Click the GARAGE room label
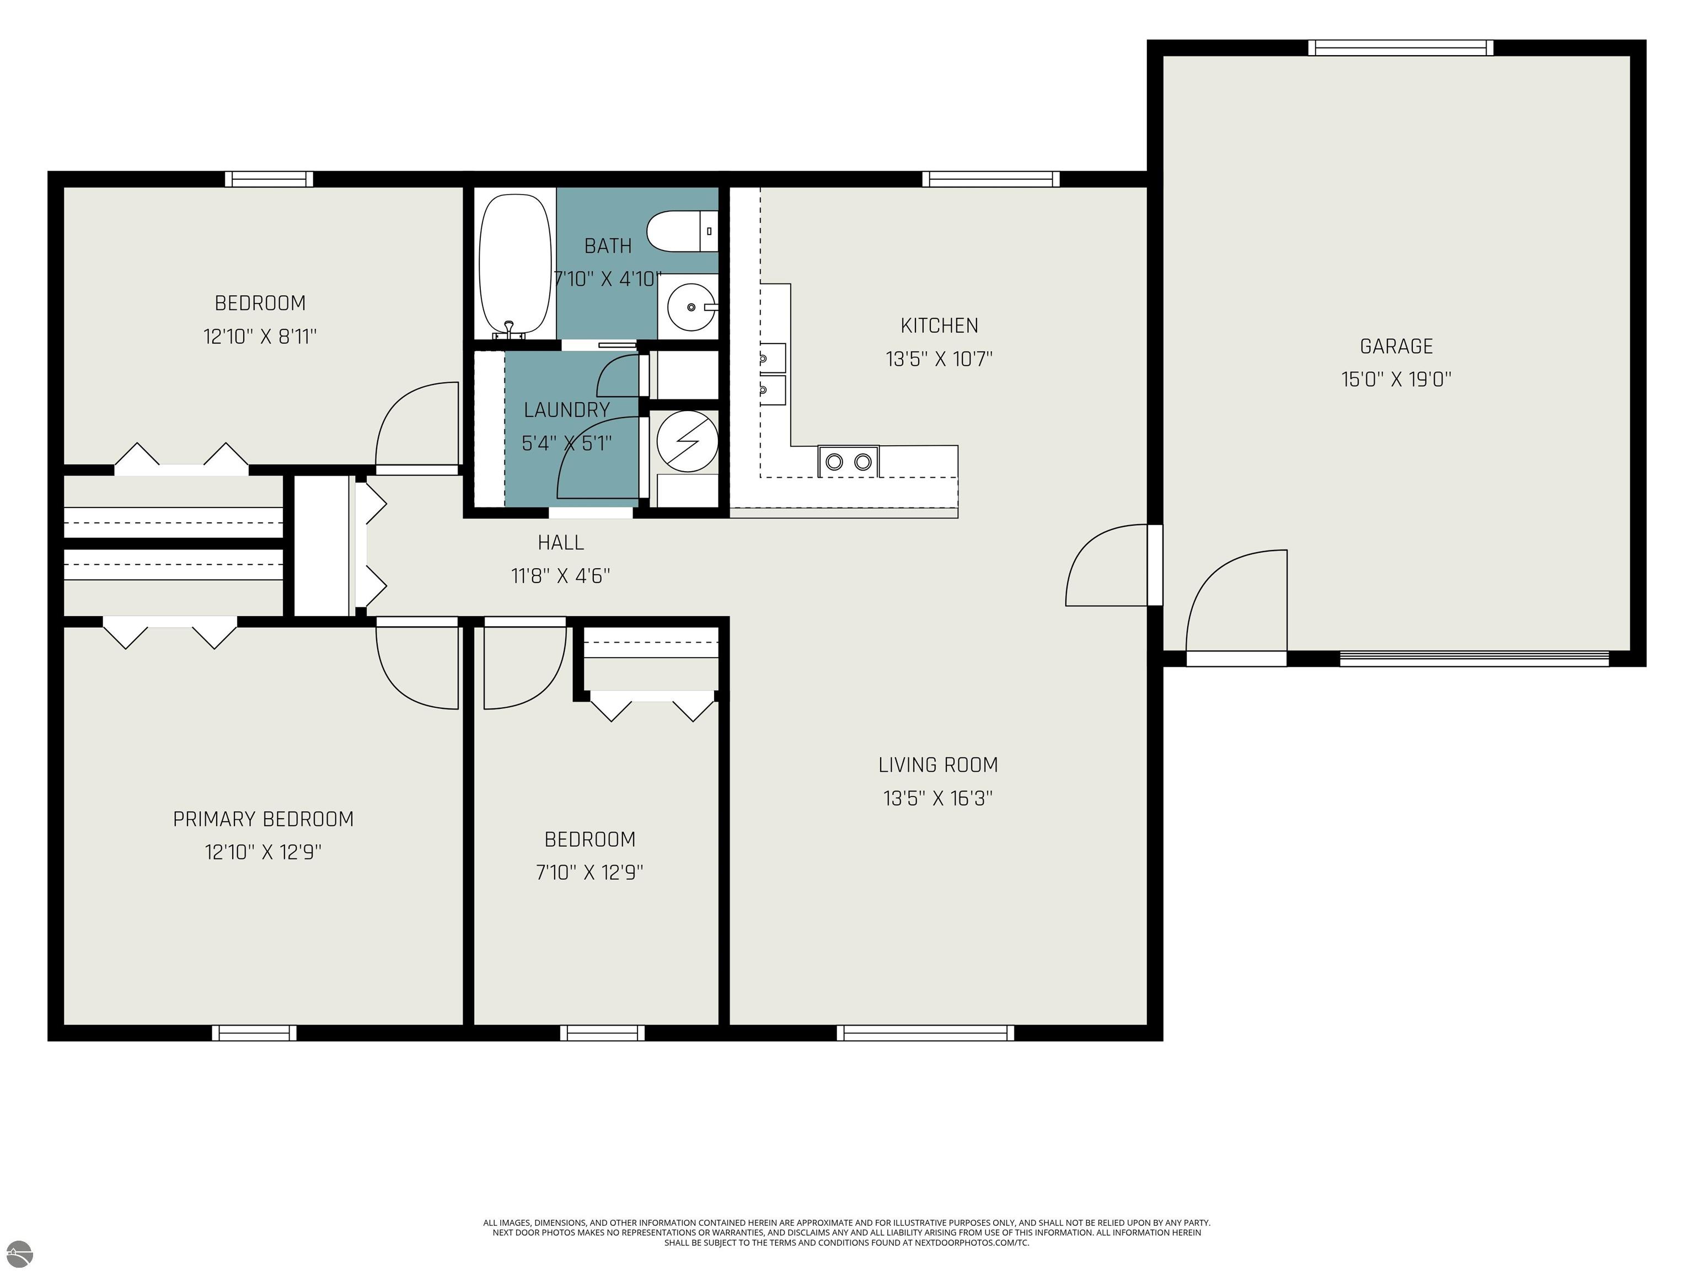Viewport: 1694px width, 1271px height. (1396, 346)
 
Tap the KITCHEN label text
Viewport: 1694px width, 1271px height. (939, 325)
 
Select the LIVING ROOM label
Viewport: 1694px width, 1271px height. (938, 765)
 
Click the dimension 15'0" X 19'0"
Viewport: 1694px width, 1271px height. (1396, 379)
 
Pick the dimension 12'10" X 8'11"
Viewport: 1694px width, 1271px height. (260, 337)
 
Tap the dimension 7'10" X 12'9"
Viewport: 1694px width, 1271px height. (589, 872)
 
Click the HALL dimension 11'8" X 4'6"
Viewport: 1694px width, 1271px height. (561, 575)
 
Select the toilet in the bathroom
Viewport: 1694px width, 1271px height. (682, 231)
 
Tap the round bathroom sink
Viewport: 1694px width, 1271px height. (691, 307)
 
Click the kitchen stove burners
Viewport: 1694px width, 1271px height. (849, 461)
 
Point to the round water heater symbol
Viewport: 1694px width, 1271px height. (688, 441)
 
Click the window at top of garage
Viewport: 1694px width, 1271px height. (1401, 47)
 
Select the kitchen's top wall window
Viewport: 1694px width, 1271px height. (991, 179)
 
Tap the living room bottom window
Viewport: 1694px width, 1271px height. (925, 1033)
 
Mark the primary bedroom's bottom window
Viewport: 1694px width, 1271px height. (254, 1033)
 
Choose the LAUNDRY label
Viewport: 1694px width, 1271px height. (567, 410)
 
